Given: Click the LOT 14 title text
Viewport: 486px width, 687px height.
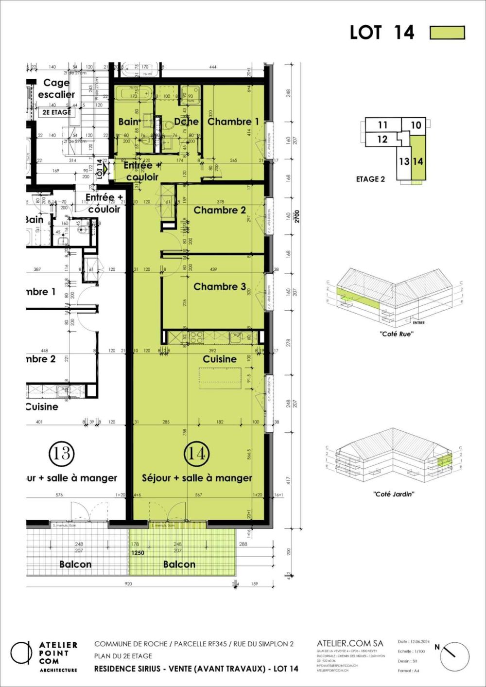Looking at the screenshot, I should click(382, 33).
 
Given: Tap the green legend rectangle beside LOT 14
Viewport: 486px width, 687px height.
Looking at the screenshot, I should click(447, 33).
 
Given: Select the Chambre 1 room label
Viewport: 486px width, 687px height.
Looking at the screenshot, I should click(233, 122).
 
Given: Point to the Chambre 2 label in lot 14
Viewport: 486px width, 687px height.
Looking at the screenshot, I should click(220, 210).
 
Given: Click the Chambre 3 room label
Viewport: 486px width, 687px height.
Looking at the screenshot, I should click(220, 287).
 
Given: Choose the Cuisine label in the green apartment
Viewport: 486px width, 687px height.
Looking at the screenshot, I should click(220, 359).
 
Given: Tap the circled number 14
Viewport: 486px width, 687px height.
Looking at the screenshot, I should click(196, 453).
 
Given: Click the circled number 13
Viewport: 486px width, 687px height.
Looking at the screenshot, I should click(62, 453).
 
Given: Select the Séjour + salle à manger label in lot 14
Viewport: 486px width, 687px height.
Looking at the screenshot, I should click(197, 478).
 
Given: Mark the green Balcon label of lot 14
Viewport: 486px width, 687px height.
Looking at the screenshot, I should click(179, 564).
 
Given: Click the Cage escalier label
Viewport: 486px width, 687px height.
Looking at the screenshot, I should click(56, 88).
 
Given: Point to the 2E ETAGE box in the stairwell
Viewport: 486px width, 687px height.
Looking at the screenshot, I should click(54, 112).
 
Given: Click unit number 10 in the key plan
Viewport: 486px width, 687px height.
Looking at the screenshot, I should click(416, 125).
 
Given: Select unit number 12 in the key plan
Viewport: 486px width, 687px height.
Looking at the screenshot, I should click(382, 140).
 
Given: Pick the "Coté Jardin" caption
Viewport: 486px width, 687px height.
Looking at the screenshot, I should click(394, 494).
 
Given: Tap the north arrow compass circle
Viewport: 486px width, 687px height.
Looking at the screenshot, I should click(455, 657).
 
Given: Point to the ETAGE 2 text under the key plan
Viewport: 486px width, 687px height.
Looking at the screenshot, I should click(370, 179).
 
